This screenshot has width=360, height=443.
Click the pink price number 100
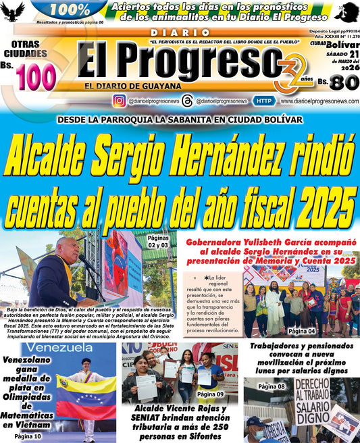pyautogui.click(x=37, y=78)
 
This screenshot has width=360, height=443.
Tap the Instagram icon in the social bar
pyautogui.click(x=119, y=101)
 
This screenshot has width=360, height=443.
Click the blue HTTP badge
pyautogui.click(x=264, y=101)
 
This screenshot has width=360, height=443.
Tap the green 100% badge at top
pyautogui.click(x=70, y=10)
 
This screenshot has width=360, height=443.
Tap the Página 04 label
pyautogui.click(x=301, y=331)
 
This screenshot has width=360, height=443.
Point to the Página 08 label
pyautogui.click(x=272, y=386)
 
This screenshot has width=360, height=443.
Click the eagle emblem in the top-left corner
pyautogui.click(x=12, y=11)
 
